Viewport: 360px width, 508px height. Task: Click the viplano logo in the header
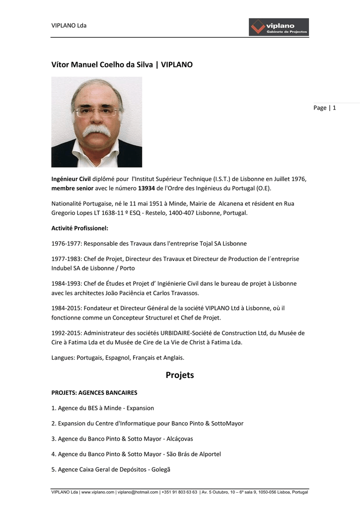tap(279, 27)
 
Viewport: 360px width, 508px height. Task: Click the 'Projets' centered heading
tap(180, 375)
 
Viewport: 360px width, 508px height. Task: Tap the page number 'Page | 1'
tap(325, 108)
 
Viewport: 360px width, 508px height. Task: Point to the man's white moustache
tap(96, 130)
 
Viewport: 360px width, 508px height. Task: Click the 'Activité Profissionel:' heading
tap(80, 228)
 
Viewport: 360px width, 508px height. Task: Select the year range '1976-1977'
tap(67, 244)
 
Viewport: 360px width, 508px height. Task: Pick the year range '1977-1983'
tap(67, 259)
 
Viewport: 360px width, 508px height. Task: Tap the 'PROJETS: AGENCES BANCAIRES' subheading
tap(94, 392)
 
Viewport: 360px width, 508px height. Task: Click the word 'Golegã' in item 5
tap(159, 469)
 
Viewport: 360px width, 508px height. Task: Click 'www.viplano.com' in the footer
tap(98, 492)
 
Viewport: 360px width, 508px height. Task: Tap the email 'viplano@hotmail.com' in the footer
tap(137, 492)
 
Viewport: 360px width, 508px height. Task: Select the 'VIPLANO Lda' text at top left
tap(69, 25)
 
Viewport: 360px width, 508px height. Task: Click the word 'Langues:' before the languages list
tap(63, 357)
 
